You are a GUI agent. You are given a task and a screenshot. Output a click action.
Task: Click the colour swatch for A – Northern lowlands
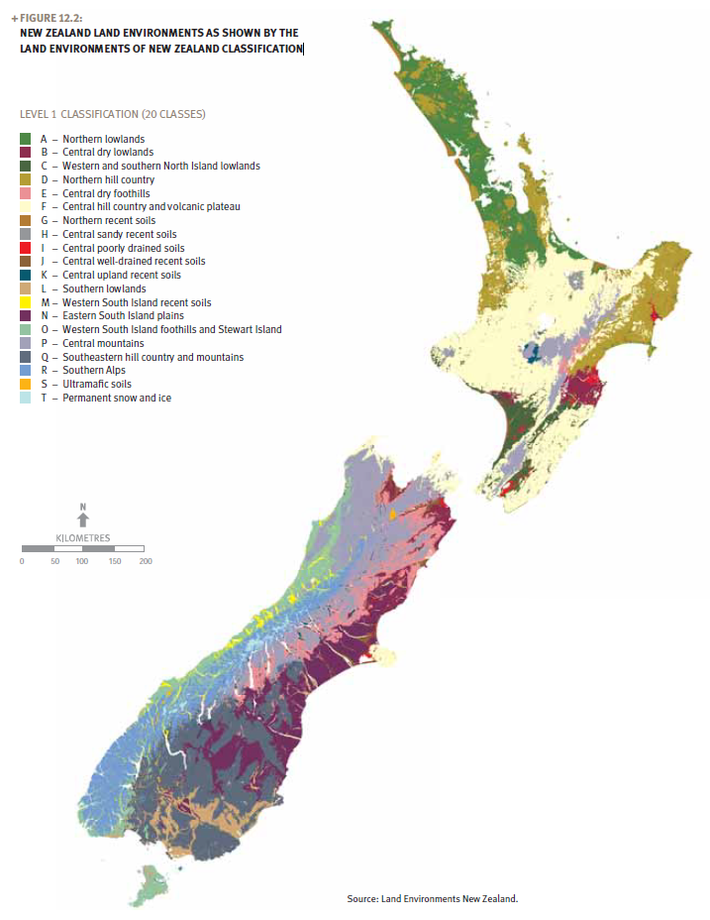26,139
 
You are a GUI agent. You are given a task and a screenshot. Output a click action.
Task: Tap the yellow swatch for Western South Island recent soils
26,302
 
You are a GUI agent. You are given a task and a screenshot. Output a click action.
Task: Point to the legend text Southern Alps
94,371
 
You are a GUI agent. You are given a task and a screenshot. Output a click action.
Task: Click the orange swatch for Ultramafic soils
26,384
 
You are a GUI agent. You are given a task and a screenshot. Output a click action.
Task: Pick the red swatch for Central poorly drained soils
26,248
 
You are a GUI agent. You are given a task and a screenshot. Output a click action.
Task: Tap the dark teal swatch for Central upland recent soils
26,275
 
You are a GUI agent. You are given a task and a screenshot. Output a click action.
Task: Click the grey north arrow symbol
83,519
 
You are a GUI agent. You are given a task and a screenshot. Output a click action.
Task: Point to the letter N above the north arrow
83,507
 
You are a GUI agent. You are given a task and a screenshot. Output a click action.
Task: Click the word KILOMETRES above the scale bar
83,537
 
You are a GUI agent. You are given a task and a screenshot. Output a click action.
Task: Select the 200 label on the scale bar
146,561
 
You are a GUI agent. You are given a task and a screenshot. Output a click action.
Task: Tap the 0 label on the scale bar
22,561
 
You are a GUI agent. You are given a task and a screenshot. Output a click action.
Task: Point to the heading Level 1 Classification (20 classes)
113,114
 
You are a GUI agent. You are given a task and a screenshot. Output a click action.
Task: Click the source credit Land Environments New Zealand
433,898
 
